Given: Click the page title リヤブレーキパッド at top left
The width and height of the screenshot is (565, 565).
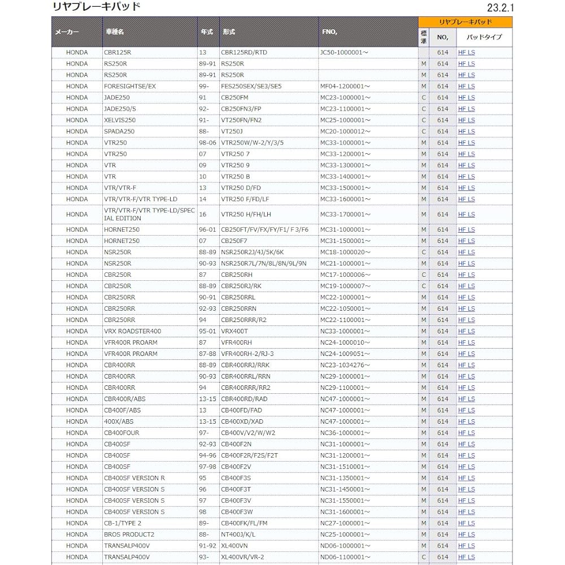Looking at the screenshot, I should click(95, 7).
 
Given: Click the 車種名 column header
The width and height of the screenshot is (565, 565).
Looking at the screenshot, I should click(114, 32).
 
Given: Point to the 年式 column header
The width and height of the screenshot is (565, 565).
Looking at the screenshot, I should click(207, 32).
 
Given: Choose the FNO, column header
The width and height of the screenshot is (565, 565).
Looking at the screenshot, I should click(329, 32).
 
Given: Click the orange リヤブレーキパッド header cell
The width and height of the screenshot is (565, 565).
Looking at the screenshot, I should click(465, 22).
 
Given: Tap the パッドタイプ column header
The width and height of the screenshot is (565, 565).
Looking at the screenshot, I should click(484, 38).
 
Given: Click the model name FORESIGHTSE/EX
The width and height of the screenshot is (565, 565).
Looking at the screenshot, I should click(129, 86).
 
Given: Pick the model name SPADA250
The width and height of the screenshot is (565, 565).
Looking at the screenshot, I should click(119, 132).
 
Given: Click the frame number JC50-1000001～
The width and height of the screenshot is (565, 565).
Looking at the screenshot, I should click(344, 53).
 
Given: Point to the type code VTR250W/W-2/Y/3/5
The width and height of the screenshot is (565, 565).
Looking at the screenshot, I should click(252, 143).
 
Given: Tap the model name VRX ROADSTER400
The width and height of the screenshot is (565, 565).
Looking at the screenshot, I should click(132, 331).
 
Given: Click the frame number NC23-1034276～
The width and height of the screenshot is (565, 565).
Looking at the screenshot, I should click(345, 365).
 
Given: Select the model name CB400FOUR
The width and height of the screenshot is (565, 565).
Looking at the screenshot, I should click(121, 433).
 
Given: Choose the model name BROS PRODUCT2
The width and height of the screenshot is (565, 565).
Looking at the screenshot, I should click(129, 534).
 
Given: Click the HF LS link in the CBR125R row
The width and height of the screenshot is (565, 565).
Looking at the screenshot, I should click(466, 53).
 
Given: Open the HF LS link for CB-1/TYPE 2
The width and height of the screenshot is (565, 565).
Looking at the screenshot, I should click(466, 523).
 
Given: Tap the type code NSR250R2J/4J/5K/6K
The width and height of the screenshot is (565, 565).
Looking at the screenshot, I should click(252, 252).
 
